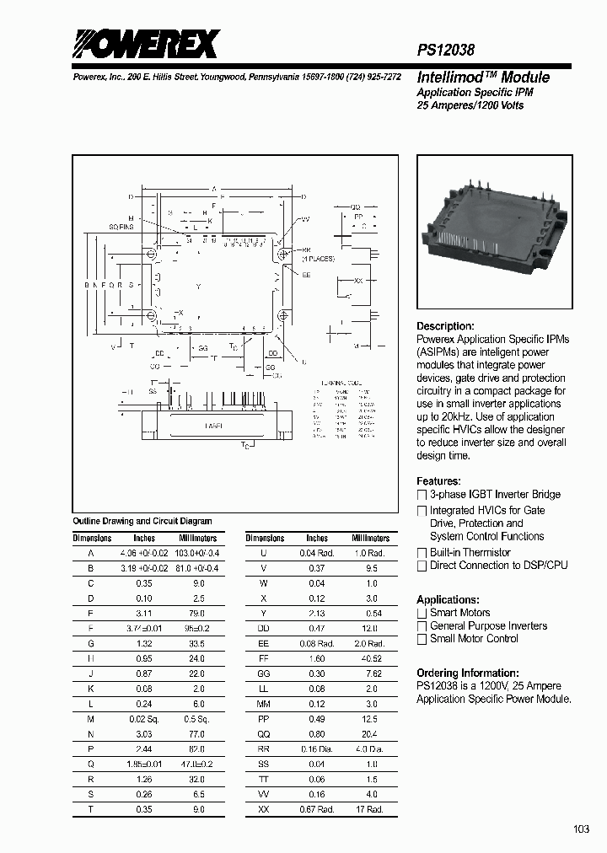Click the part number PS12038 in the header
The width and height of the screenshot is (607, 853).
(446, 51)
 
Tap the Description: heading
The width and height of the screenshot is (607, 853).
(445, 326)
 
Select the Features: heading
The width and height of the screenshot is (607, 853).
(438, 481)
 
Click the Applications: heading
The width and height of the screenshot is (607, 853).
(448, 599)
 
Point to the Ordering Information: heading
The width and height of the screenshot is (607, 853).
(468, 673)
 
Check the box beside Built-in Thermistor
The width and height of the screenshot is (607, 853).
(422, 553)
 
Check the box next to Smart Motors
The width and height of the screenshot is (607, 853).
(422, 613)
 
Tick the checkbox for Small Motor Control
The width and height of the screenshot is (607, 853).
(422, 639)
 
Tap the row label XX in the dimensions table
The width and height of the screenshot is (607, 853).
(264, 810)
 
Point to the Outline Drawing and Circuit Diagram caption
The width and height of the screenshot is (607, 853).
(142, 521)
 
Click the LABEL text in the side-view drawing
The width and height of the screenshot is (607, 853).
(214, 426)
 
